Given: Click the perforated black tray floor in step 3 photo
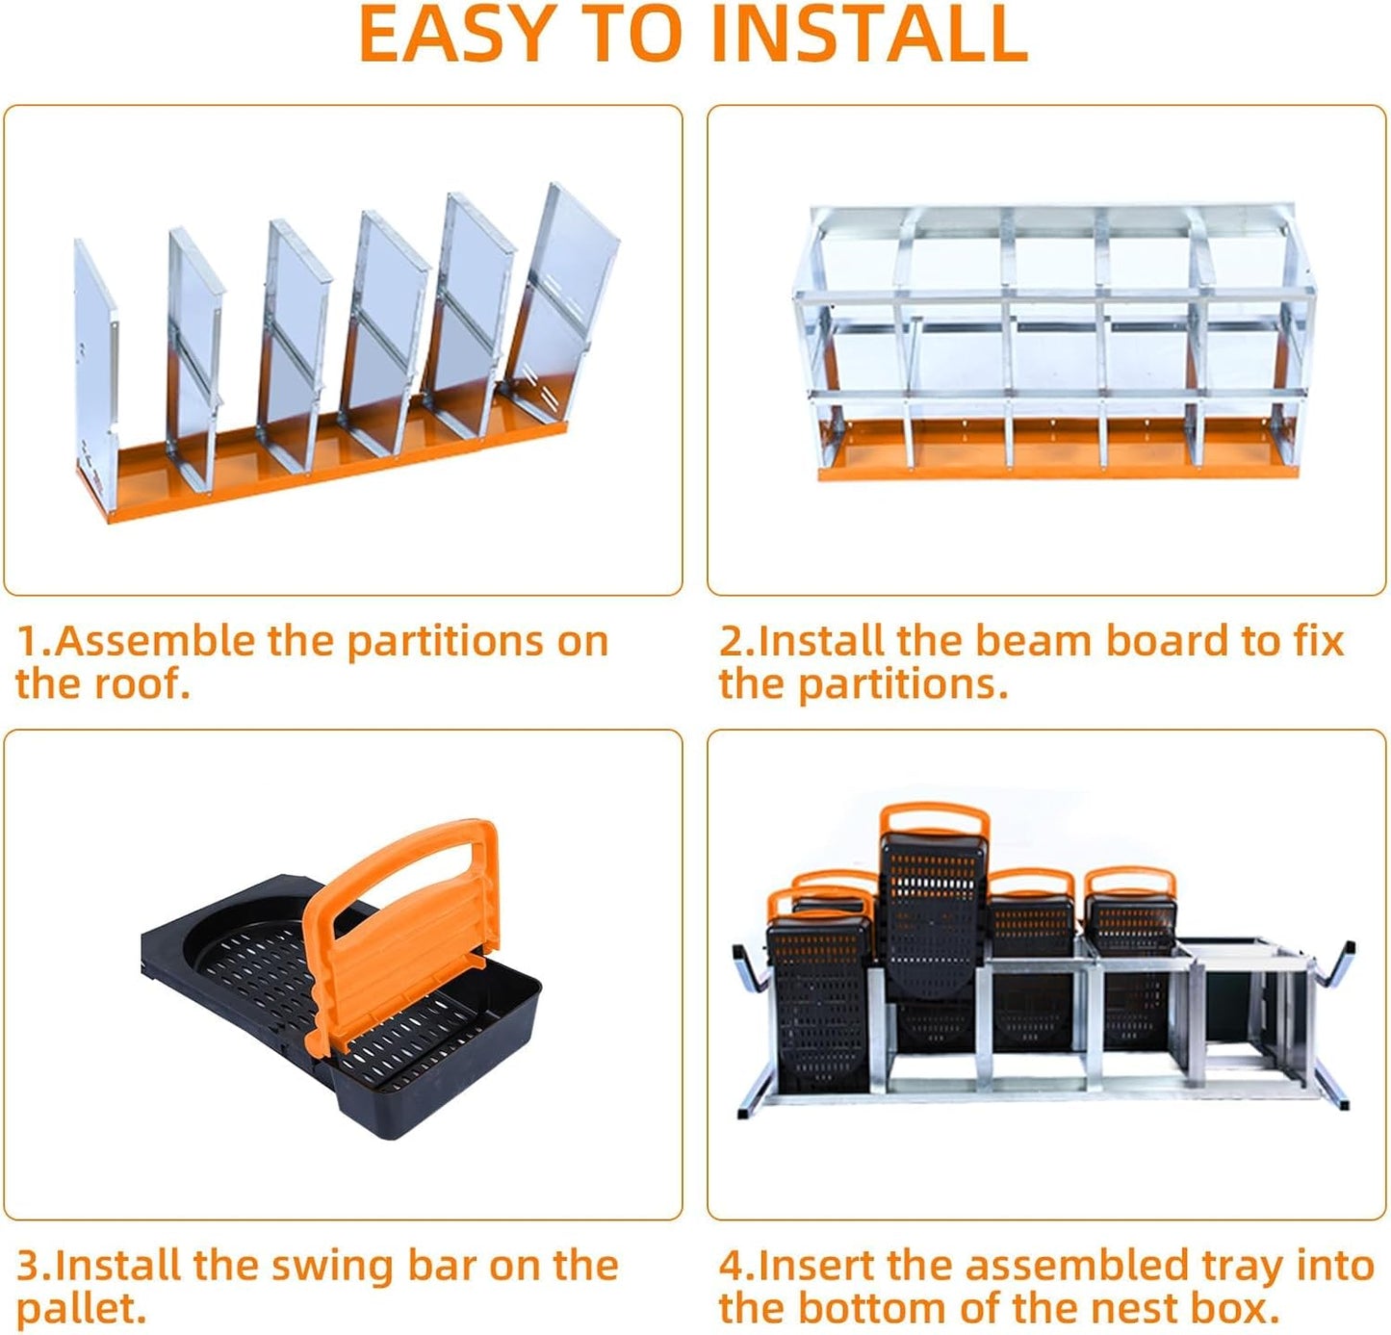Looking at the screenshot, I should pos(260,972).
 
